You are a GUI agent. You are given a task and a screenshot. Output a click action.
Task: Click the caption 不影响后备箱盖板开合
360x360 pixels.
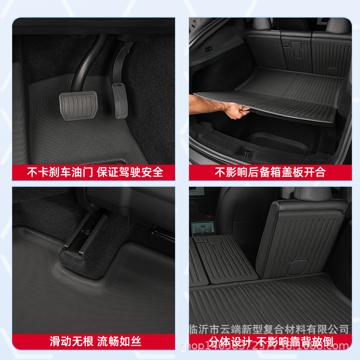(270, 172)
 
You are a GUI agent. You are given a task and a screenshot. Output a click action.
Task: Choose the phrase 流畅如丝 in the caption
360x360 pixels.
(120, 341)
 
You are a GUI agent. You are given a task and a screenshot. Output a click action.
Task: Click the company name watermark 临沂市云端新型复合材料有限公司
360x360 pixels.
(269, 329)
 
